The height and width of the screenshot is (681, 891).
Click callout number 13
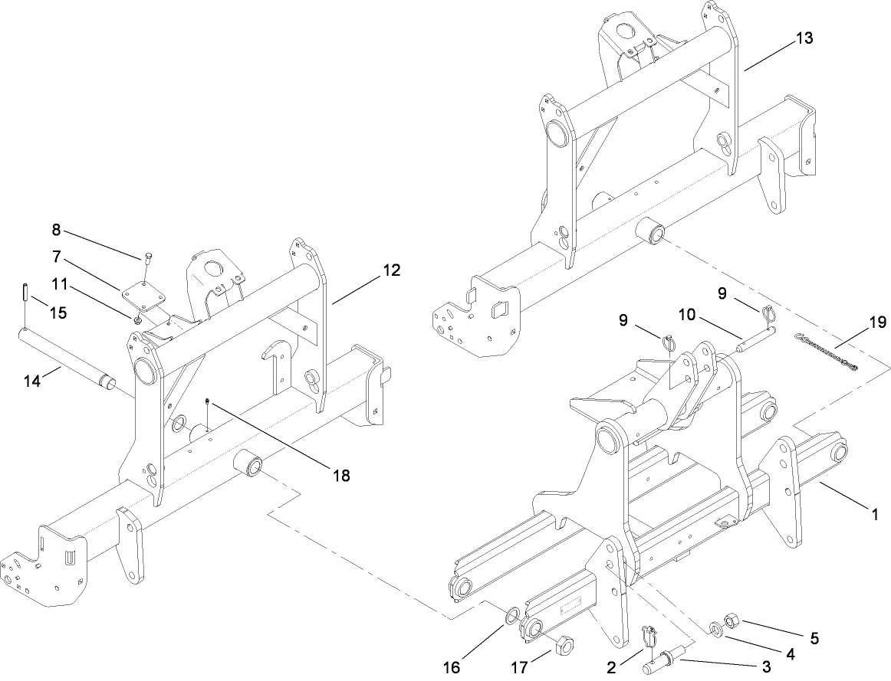point(804,38)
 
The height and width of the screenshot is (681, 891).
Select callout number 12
point(392,270)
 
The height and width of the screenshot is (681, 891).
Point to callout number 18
point(341,476)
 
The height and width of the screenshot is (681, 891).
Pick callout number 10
point(686,314)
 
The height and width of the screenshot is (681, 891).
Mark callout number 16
point(452,667)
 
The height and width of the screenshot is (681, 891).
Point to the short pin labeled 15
point(25,293)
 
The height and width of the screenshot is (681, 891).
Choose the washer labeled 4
point(715,630)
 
